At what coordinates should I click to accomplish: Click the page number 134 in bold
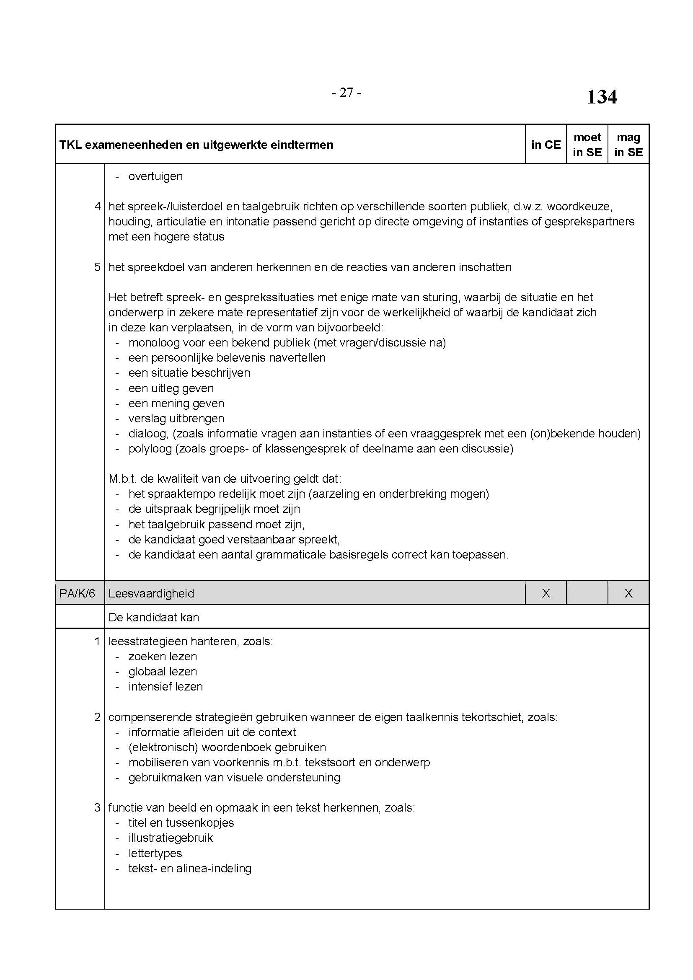(x=601, y=97)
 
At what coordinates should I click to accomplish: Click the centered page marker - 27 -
(x=346, y=92)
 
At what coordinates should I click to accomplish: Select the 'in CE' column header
(x=546, y=145)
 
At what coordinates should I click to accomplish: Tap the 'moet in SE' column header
(x=587, y=145)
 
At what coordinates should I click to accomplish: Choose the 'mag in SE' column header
(x=628, y=145)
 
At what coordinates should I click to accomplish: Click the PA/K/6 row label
(x=77, y=593)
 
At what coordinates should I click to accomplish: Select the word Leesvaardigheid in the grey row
(x=151, y=593)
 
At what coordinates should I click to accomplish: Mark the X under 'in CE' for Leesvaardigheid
(x=546, y=593)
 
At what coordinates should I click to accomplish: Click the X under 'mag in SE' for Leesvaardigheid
(x=628, y=593)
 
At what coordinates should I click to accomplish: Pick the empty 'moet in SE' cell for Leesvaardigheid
(x=587, y=593)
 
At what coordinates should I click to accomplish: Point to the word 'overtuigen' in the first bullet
(x=155, y=176)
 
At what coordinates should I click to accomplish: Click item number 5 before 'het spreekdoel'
(x=97, y=267)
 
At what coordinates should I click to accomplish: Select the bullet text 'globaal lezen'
(x=163, y=671)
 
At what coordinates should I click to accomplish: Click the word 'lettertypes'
(x=155, y=853)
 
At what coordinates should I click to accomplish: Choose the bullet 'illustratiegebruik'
(x=170, y=838)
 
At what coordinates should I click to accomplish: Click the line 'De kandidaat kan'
(x=154, y=617)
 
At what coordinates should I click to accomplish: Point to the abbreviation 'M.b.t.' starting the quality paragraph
(x=121, y=479)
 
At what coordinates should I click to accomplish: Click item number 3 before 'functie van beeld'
(x=97, y=807)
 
